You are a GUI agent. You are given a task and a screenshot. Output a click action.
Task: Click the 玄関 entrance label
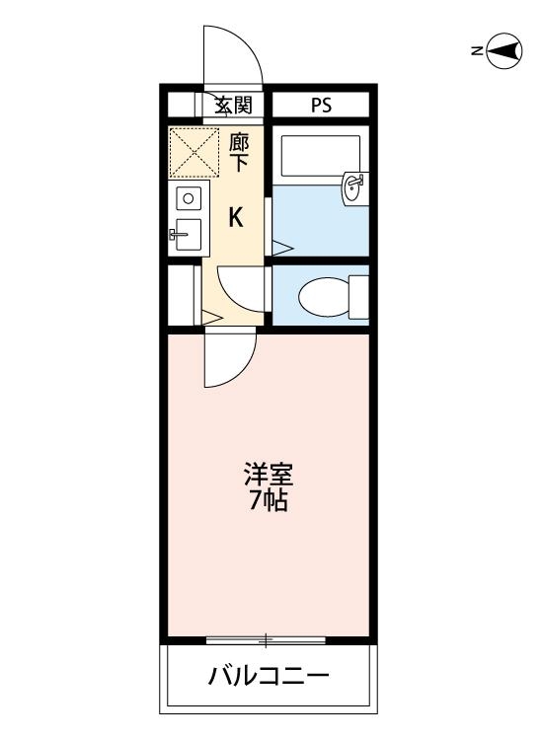coord(234,105)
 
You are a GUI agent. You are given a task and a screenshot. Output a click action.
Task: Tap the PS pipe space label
coord(321,105)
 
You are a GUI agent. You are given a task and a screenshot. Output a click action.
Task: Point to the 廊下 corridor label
coord(239,153)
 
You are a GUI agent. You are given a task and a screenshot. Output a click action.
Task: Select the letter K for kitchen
coord(237,217)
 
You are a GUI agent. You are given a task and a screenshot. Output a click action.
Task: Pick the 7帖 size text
coord(268,501)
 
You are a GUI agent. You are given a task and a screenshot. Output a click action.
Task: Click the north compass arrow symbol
coord(504,51)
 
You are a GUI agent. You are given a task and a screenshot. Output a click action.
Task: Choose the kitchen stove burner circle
coord(187,198)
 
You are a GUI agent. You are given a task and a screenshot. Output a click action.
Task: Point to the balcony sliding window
coord(267,640)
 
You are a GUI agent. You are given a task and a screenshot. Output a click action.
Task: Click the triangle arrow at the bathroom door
coord(279,246)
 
